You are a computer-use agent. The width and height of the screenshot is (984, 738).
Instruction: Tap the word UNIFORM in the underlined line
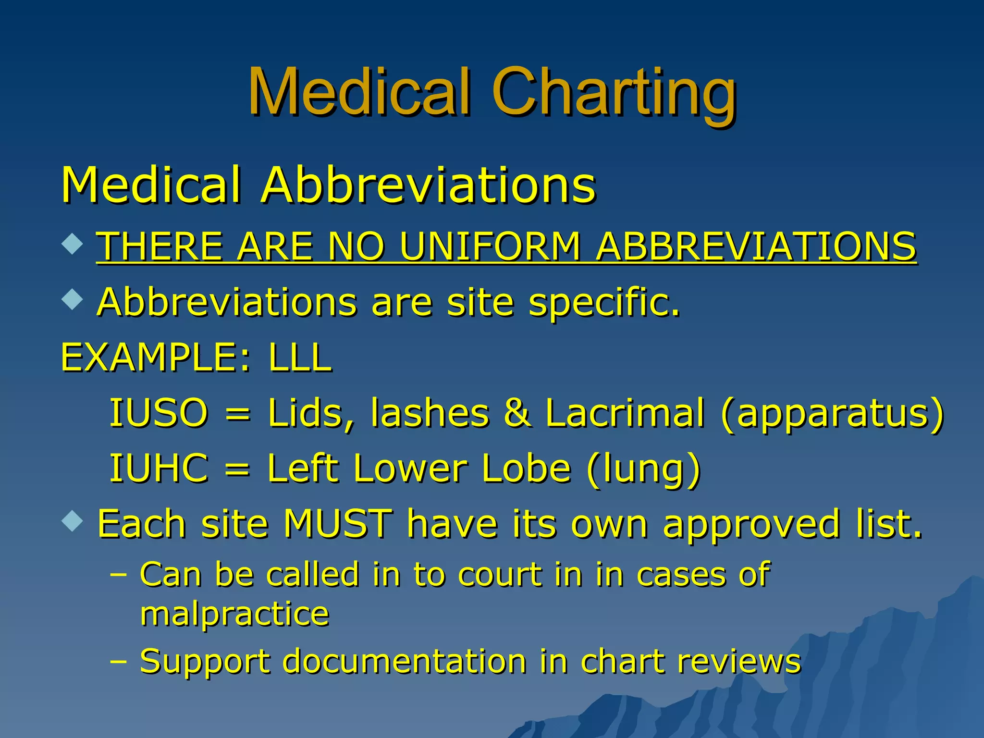[x=490, y=246]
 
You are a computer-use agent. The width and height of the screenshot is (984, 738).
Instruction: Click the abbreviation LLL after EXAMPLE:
[x=300, y=357]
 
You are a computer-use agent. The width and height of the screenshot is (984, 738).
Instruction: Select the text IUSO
[x=159, y=413]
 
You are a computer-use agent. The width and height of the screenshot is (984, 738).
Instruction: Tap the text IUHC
[x=159, y=468]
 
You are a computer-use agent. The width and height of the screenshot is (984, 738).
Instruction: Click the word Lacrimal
[x=625, y=413]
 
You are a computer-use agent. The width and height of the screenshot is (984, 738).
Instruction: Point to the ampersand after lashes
[x=517, y=413]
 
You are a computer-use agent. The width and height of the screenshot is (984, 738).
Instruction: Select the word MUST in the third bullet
[x=337, y=524]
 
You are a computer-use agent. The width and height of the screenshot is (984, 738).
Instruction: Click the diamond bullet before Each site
[x=73, y=521]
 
